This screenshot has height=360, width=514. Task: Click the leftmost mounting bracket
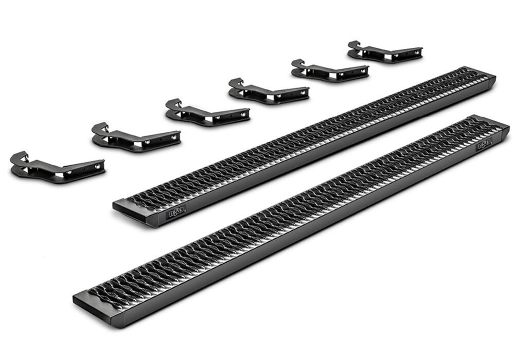coord(55,168)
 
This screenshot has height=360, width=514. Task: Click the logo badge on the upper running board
coord(176,215)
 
